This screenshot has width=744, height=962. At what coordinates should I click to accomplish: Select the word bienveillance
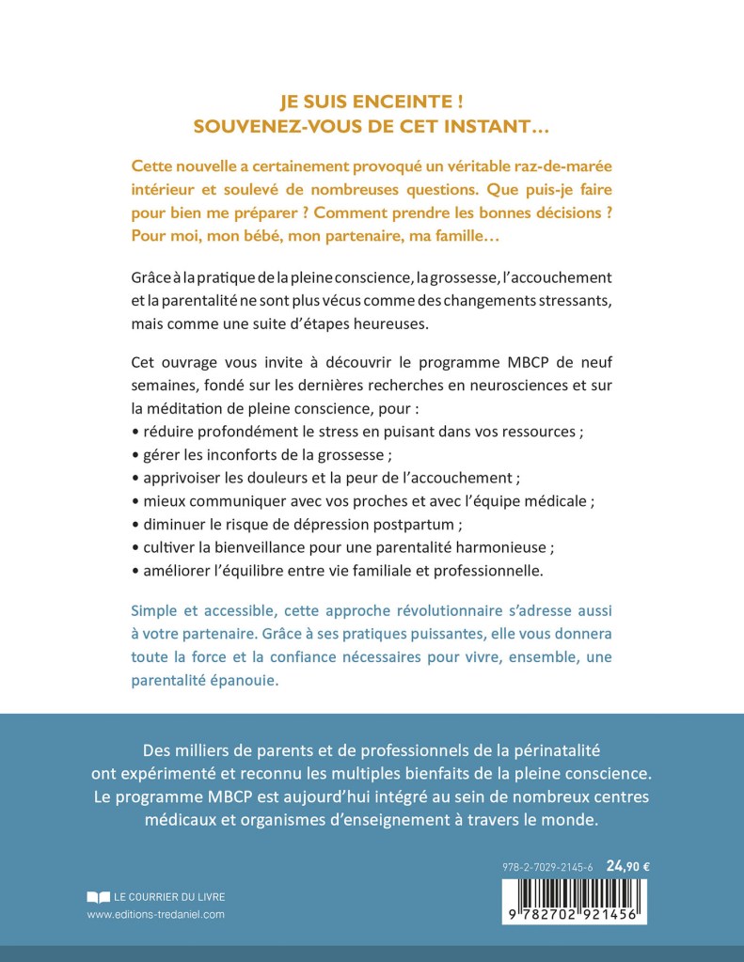(239, 546)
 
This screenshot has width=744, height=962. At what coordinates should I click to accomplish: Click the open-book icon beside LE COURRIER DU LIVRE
(97, 896)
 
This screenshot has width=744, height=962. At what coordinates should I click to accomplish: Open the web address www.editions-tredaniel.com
(155, 914)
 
